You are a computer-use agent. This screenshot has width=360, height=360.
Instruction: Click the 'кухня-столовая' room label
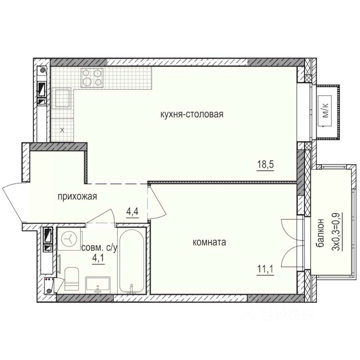pyautogui.click(x=192, y=114)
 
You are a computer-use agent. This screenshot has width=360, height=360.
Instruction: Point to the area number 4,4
pyautogui.click(x=132, y=212)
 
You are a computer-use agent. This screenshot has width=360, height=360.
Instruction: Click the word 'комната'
pyautogui.click(x=209, y=243)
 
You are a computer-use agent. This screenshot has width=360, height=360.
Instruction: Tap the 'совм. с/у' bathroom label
pyautogui.click(x=100, y=248)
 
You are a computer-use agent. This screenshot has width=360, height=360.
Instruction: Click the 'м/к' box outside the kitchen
pyautogui.click(x=325, y=112)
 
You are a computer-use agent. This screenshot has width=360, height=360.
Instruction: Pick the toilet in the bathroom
pyautogui.click(x=71, y=278)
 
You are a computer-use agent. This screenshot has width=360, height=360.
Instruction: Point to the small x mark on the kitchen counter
pyautogui.click(x=62, y=130)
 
